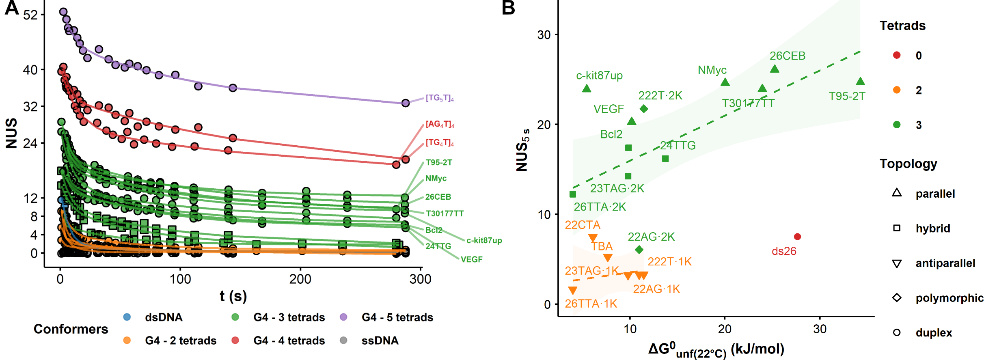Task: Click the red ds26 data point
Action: pyautogui.click(x=797, y=237)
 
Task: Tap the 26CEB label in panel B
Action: pyautogui.click(x=787, y=56)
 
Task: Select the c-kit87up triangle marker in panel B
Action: pyautogui.click(x=587, y=88)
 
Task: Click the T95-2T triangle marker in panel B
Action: pyautogui.click(x=860, y=82)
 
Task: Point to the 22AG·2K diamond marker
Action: pyautogui.click(x=639, y=250)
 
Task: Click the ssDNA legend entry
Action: pyautogui.click(x=380, y=341)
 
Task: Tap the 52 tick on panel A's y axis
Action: pyautogui.click(x=30, y=15)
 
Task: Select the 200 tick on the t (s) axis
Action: pyautogui.click(x=300, y=279)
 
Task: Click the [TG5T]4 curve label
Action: pyautogui.click(x=440, y=98)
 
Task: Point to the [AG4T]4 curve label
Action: pyautogui.click(x=440, y=124)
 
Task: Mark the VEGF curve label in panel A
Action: pyautogui.click(x=471, y=259)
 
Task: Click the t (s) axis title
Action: pyautogui.click(x=233, y=296)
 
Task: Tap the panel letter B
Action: pyautogui.click(x=508, y=8)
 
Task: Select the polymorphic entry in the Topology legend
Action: pyautogui.click(x=949, y=298)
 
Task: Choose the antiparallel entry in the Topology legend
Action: pyautogui.click(x=945, y=263)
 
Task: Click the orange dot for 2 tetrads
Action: pyautogui.click(x=897, y=90)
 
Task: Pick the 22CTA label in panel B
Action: pyautogui.click(x=582, y=225)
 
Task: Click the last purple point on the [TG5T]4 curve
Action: pyautogui.click(x=406, y=103)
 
